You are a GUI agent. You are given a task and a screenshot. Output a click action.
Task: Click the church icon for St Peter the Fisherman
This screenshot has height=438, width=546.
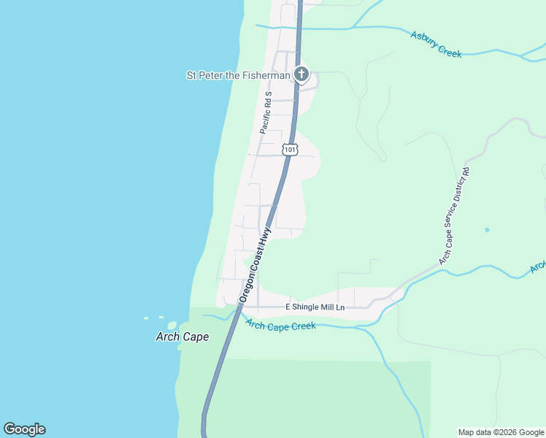tap(301, 74)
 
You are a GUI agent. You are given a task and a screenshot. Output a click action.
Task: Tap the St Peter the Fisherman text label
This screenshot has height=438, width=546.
tap(238, 74)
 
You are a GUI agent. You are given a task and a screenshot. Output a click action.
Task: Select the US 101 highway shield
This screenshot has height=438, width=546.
tap(291, 150)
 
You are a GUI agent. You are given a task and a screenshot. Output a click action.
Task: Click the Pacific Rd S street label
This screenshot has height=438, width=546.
tap(265, 113)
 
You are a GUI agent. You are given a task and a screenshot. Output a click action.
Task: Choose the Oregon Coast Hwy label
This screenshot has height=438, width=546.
tap(256, 265)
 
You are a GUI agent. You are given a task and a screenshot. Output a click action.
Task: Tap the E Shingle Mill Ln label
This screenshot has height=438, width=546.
tap(315, 307)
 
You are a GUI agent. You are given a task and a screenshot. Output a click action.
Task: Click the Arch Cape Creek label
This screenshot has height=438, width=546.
tap(281, 325)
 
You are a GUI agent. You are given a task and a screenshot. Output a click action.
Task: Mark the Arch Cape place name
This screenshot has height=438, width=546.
tap(182, 337)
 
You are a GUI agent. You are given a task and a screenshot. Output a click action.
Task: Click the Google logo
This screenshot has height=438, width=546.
tap(24, 429)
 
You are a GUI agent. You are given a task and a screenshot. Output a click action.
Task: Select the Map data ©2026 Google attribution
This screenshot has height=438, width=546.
tap(501, 432)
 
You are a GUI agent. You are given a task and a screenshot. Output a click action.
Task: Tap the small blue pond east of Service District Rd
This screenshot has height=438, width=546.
tap(487, 230)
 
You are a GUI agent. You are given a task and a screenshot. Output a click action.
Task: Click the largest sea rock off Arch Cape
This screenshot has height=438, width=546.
tap(172, 326)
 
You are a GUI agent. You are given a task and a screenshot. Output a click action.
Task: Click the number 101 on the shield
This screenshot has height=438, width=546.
tap(291, 150)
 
